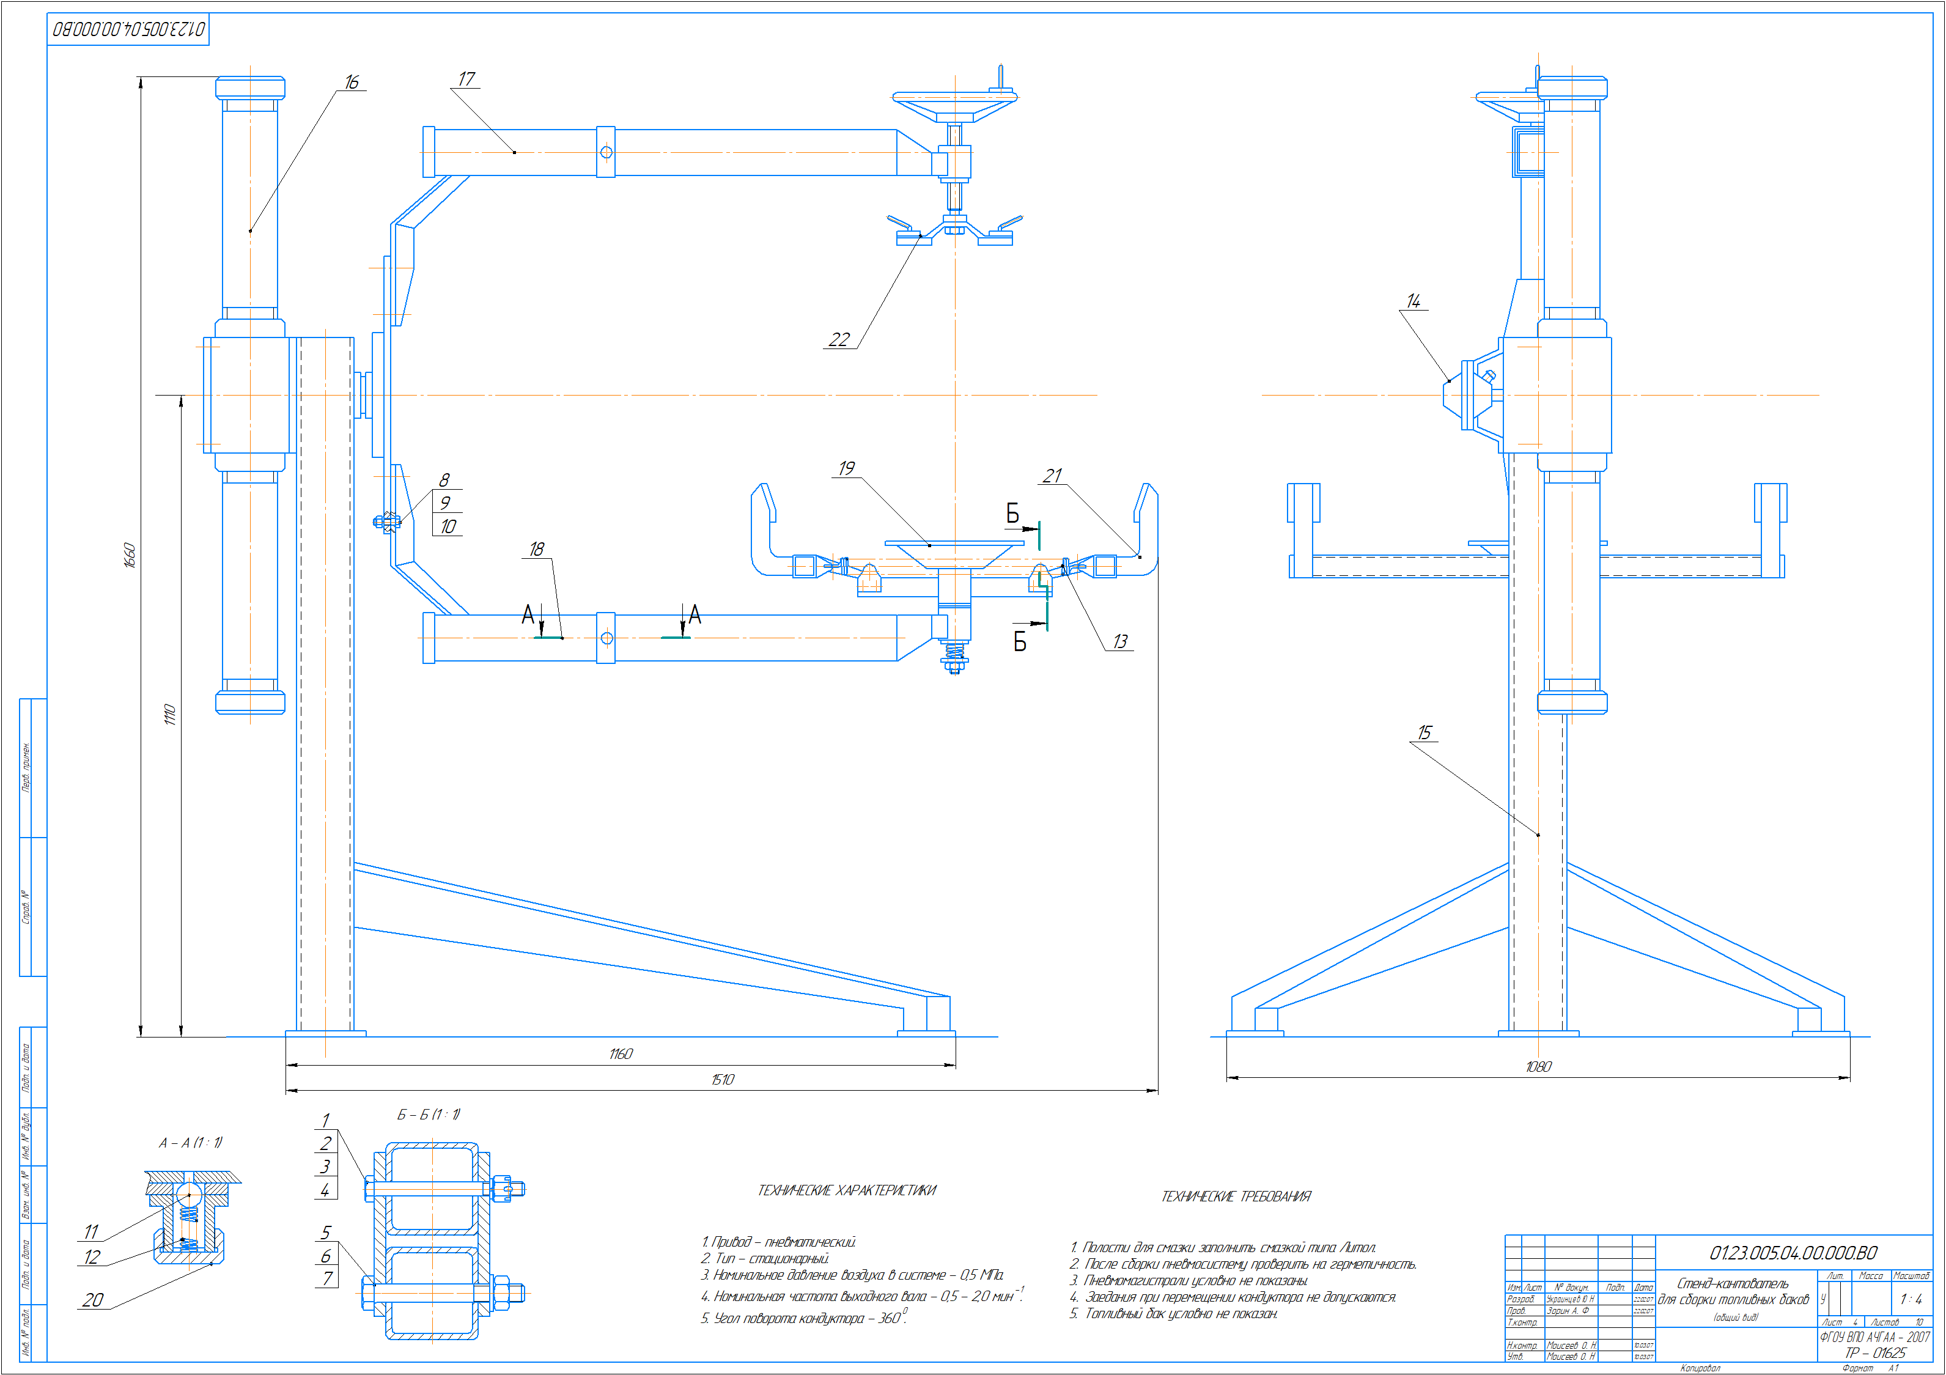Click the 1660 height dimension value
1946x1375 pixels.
130,555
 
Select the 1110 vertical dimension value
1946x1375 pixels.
169,715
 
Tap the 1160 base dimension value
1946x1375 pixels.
621,1053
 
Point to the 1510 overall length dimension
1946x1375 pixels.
722,1079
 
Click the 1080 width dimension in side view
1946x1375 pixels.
1538,1066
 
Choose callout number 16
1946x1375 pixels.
352,82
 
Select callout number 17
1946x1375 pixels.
466,79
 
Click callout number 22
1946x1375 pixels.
838,339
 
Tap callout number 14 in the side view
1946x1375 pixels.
1413,301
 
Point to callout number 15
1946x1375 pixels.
1424,732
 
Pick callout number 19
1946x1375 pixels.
846,468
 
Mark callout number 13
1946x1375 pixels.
1119,642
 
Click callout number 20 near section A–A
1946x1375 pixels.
92,1300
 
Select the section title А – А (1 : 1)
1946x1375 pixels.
191,1143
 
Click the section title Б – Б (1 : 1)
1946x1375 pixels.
429,1114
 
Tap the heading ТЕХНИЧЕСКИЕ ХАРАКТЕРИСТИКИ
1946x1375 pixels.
847,1190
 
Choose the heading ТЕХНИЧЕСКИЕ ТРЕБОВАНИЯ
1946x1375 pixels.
1236,1196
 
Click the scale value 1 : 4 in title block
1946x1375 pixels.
1911,1299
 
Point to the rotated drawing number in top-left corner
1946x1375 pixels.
129,30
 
